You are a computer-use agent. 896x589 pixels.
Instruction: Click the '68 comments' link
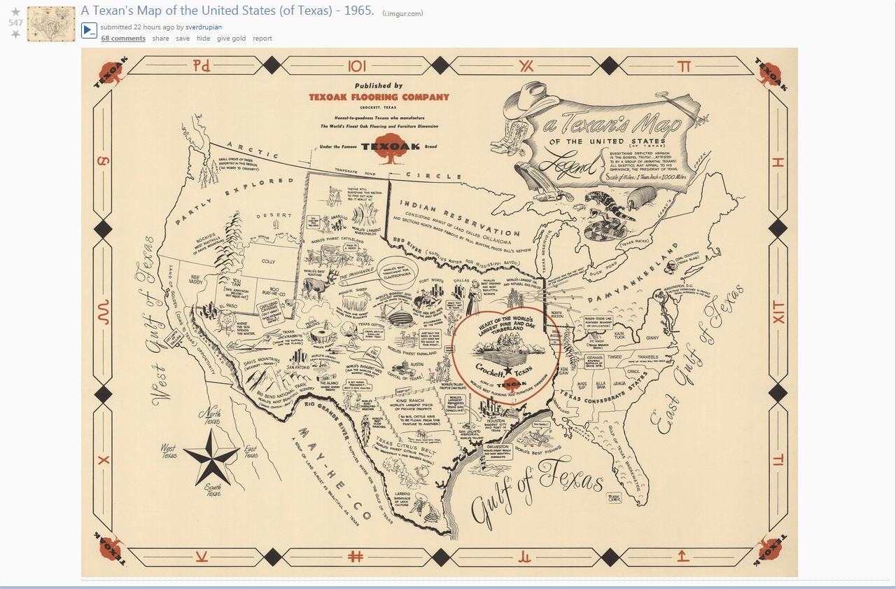click(123, 39)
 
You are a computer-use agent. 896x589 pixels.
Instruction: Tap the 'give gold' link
click(231, 39)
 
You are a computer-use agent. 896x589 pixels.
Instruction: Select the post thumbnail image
click(51, 24)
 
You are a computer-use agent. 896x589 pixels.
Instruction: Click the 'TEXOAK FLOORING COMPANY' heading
click(379, 97)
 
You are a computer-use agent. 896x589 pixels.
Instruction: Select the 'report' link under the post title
click(262, 39)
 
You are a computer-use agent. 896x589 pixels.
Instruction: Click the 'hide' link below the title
click(203, 39)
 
